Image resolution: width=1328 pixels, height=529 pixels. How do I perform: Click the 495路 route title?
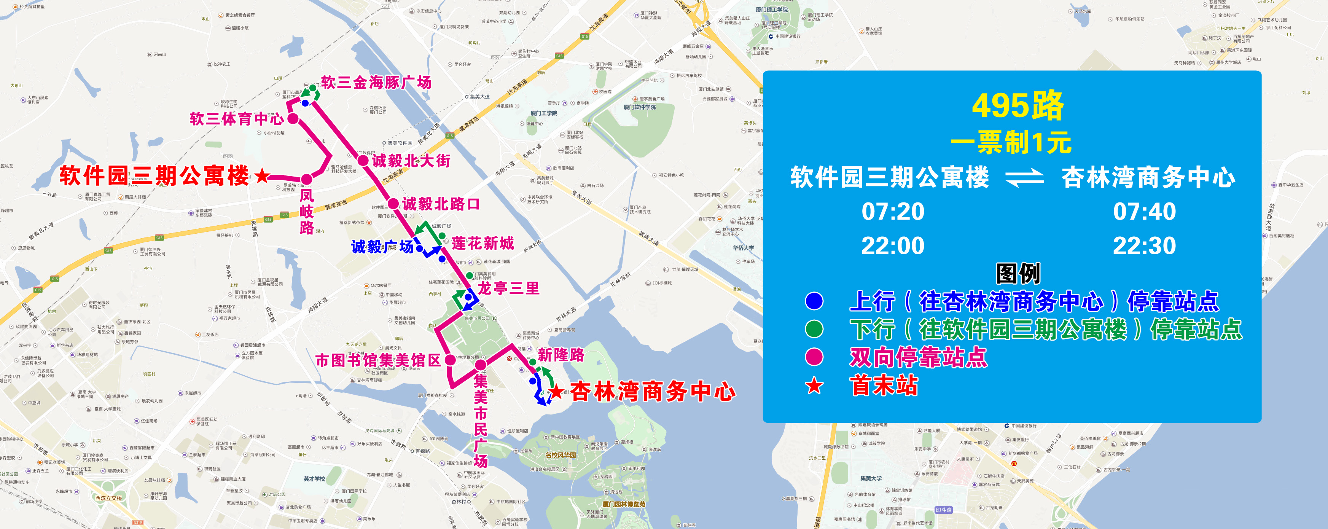click(1017, 106)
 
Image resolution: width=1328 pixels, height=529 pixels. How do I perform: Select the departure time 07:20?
click(893, 212)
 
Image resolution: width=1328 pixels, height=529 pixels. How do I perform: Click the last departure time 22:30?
click(1145, 246)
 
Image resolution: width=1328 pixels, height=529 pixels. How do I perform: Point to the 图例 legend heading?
click(1017, 273)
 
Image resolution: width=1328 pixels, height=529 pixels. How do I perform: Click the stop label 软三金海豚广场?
click(376, 83)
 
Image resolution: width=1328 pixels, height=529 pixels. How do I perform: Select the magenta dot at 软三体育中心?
click(293, 119)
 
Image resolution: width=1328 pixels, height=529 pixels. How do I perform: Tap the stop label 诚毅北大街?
click(411, 161)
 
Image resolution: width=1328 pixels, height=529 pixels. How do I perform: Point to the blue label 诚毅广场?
click(382, 247)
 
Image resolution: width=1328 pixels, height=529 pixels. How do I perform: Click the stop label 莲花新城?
click(482, 243)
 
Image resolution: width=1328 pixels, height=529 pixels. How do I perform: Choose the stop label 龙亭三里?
click(508, 288)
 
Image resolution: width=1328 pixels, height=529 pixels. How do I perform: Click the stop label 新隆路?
click(560, 355)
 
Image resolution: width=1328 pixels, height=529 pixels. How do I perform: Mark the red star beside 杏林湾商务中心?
click(556, 392)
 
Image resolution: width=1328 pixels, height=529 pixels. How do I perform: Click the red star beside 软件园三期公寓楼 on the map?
click(262, 176)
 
